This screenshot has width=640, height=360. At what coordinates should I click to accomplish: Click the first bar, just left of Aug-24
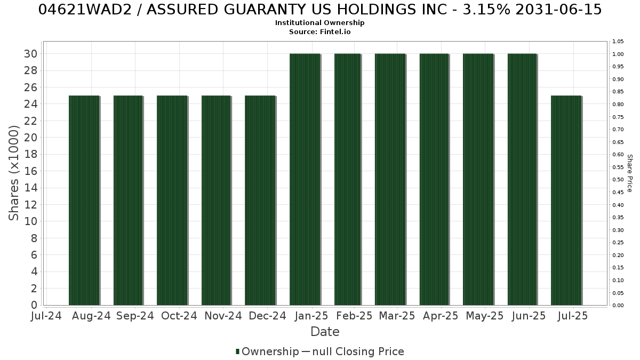(x=84, y=201)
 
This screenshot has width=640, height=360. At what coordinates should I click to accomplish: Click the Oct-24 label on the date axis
(x=179, y=316)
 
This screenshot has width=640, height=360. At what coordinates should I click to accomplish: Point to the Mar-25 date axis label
(x=397, y=316)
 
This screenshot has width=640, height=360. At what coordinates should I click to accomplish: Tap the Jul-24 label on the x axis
(x=46, y=316)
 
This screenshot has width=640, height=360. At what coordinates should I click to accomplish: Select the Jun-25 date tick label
(x=529, y=316)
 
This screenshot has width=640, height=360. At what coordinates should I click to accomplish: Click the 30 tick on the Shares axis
(x=30, y=54)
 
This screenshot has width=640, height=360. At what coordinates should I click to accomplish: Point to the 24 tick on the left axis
(x=30, y=104)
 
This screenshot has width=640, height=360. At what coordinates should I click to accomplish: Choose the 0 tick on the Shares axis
(x=34, y=305)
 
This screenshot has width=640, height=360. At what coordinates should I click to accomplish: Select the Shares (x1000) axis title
(x=13, y=173)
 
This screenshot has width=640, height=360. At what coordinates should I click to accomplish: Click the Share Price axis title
(x=629, y=173)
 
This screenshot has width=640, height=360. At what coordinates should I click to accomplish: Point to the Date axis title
(x=325, y=332)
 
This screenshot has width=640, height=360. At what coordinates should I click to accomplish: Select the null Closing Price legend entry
(x=353, y=351)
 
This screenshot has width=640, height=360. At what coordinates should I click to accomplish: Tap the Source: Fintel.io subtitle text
(x=319, y=31)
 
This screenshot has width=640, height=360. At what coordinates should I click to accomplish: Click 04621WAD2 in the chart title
(x=85, y=10)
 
